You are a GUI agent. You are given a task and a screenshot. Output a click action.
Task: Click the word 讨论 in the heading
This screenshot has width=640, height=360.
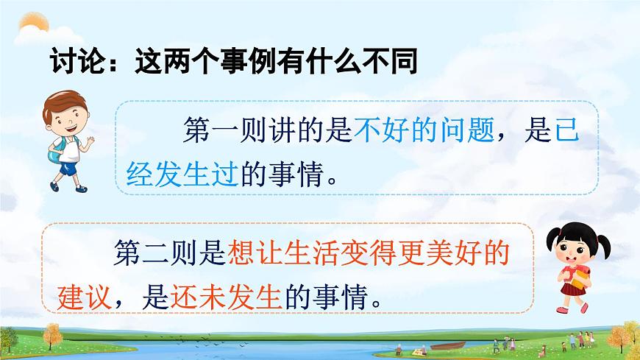[x=74, y=61]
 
